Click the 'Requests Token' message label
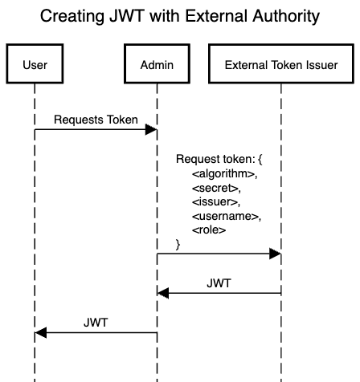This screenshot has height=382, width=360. (x=96, y=119)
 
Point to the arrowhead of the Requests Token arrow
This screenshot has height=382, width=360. (x=152, y=130)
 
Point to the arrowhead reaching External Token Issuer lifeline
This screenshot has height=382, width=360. (x=275, y=254)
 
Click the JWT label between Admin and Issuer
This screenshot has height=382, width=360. (x=219, y=282)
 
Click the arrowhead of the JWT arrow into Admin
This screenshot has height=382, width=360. (x=164, y=294)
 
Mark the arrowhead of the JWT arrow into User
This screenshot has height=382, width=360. (x=41, y=332)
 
